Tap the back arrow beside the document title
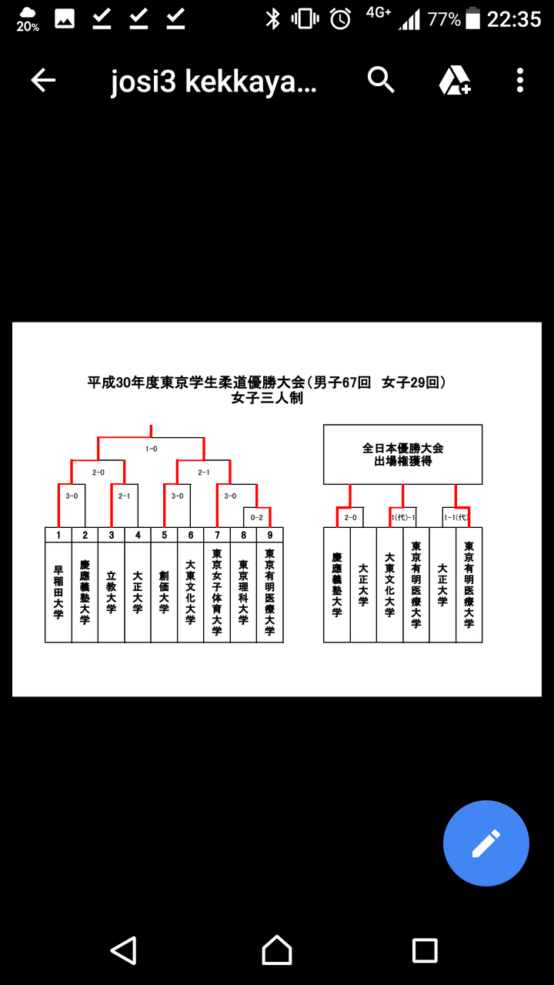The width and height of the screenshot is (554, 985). (x=43, y=80)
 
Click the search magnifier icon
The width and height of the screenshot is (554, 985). (x=381, y=79)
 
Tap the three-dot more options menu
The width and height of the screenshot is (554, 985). (x=520, y=80)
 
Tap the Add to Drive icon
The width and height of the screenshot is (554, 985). (x=455, y=80)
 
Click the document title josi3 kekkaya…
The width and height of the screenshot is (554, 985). (x=213, y=82)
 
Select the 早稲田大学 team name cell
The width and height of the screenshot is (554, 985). (x=58, y=592)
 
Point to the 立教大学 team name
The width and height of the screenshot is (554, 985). (x=112, y=592)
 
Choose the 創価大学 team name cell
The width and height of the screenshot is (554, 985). (x=164, y=592)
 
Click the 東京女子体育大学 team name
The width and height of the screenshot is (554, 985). (x=217, y=592)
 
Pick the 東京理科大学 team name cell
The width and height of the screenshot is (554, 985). (x=243, y=592)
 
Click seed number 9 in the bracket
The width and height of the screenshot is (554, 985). (x=269, y=535)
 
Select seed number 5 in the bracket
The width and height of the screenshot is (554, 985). (x=164, y=535)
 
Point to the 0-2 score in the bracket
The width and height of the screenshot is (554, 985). (x=257, y=518)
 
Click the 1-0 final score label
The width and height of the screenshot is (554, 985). (x=152, y=448)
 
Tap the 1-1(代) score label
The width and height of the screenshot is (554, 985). (x=455, y=518)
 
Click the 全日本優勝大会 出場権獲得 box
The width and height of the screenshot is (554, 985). (x=402, y=454)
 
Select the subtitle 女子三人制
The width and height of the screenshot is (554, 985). (x=267, y=399)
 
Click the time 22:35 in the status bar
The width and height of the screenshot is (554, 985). (x=514, y=19)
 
